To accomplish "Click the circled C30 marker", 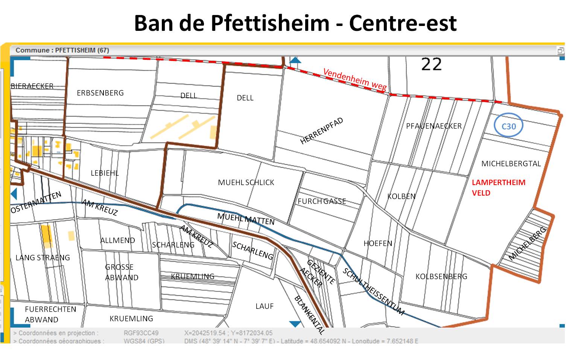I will click(x=508, y=126).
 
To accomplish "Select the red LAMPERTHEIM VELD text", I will click(x=498, y=187).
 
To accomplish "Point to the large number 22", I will click(x=431, y=64).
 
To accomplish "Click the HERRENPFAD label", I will click(x=322, y=131).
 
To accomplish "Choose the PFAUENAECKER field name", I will click(x=433, y=126).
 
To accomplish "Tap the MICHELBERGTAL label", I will click(x=511, y=164).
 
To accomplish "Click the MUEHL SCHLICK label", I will click(x=246, y=182).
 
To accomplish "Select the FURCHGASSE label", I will click(x=322, y=201).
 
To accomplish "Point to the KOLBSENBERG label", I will click(x=441, y=276).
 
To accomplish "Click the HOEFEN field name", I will click(x=378, y=243).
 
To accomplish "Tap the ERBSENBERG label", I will click(x=100, y=93).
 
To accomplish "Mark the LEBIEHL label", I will click(x=105, y=173).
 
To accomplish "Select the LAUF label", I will click(x=265, y=306).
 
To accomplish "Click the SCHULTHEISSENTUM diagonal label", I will click(x=373, y=292).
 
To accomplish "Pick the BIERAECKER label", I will click(x=32, y=86).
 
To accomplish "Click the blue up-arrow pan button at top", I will click(x=295, y=60).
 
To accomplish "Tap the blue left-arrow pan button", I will click(x=14, y=194).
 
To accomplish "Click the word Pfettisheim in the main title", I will click(x=270, y=23).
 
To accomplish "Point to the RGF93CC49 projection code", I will click(x=141, y=333).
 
